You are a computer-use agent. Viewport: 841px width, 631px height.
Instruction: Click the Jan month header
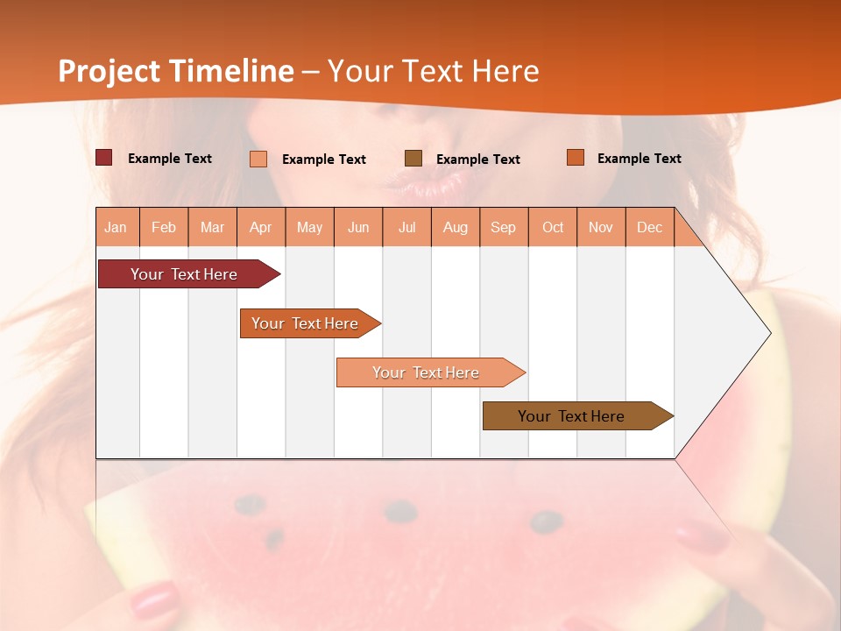coord(117,227)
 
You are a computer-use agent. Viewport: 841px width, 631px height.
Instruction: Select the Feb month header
coord(164,227)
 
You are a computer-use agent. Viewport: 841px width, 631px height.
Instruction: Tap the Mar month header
coord(212,227)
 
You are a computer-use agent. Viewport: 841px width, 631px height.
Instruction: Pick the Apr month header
coord(261,227)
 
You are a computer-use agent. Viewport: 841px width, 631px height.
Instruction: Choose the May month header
coord(309,227)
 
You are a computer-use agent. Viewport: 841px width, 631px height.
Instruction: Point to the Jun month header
coord(358,227)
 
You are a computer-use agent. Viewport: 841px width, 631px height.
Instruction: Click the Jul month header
coord(407,227)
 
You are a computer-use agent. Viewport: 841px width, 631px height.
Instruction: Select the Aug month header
coord(456,227)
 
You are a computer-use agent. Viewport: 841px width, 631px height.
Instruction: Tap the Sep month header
coord(504,227)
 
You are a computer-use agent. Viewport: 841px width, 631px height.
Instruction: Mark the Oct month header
coord(553,227)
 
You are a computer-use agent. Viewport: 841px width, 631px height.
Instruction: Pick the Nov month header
coord(601,227)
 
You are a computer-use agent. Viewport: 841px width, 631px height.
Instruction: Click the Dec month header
coord(650,227)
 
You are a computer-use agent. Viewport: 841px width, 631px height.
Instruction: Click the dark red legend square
coord(104,158)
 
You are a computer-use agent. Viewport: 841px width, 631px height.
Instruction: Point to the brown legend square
coord(413,158)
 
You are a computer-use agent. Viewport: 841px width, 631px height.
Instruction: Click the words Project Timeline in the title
coord(176,71)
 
